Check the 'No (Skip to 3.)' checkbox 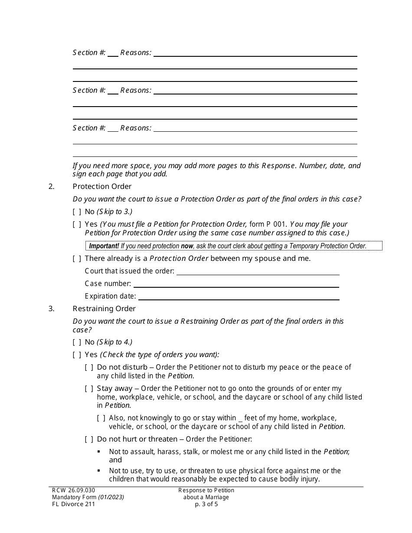click(x=77, y=212)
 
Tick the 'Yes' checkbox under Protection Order click(x=77, y=224)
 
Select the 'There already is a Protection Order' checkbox click(x=77, y=259)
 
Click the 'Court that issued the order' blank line click(x=258, y=272)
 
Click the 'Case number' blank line click(x=236, y=284)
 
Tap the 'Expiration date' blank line click(x=239, y=297)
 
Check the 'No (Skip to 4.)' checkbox click(x=77, y=342)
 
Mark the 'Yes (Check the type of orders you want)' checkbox click(x=77, y=355)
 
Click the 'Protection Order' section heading click(x=102, y=186)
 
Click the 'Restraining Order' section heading click(x=104, y=309)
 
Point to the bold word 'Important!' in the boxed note click(x=104, y=246)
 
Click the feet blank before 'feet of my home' click(x=240, y=419)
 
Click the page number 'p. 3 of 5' click(x=206, y=504)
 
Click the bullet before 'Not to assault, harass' click(x=99, y=452)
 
